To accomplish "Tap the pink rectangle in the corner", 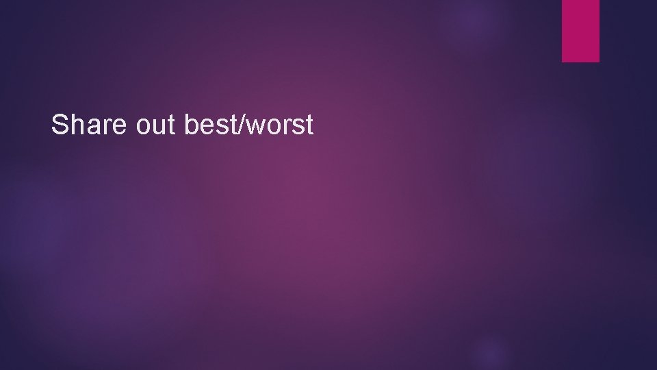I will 580,30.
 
